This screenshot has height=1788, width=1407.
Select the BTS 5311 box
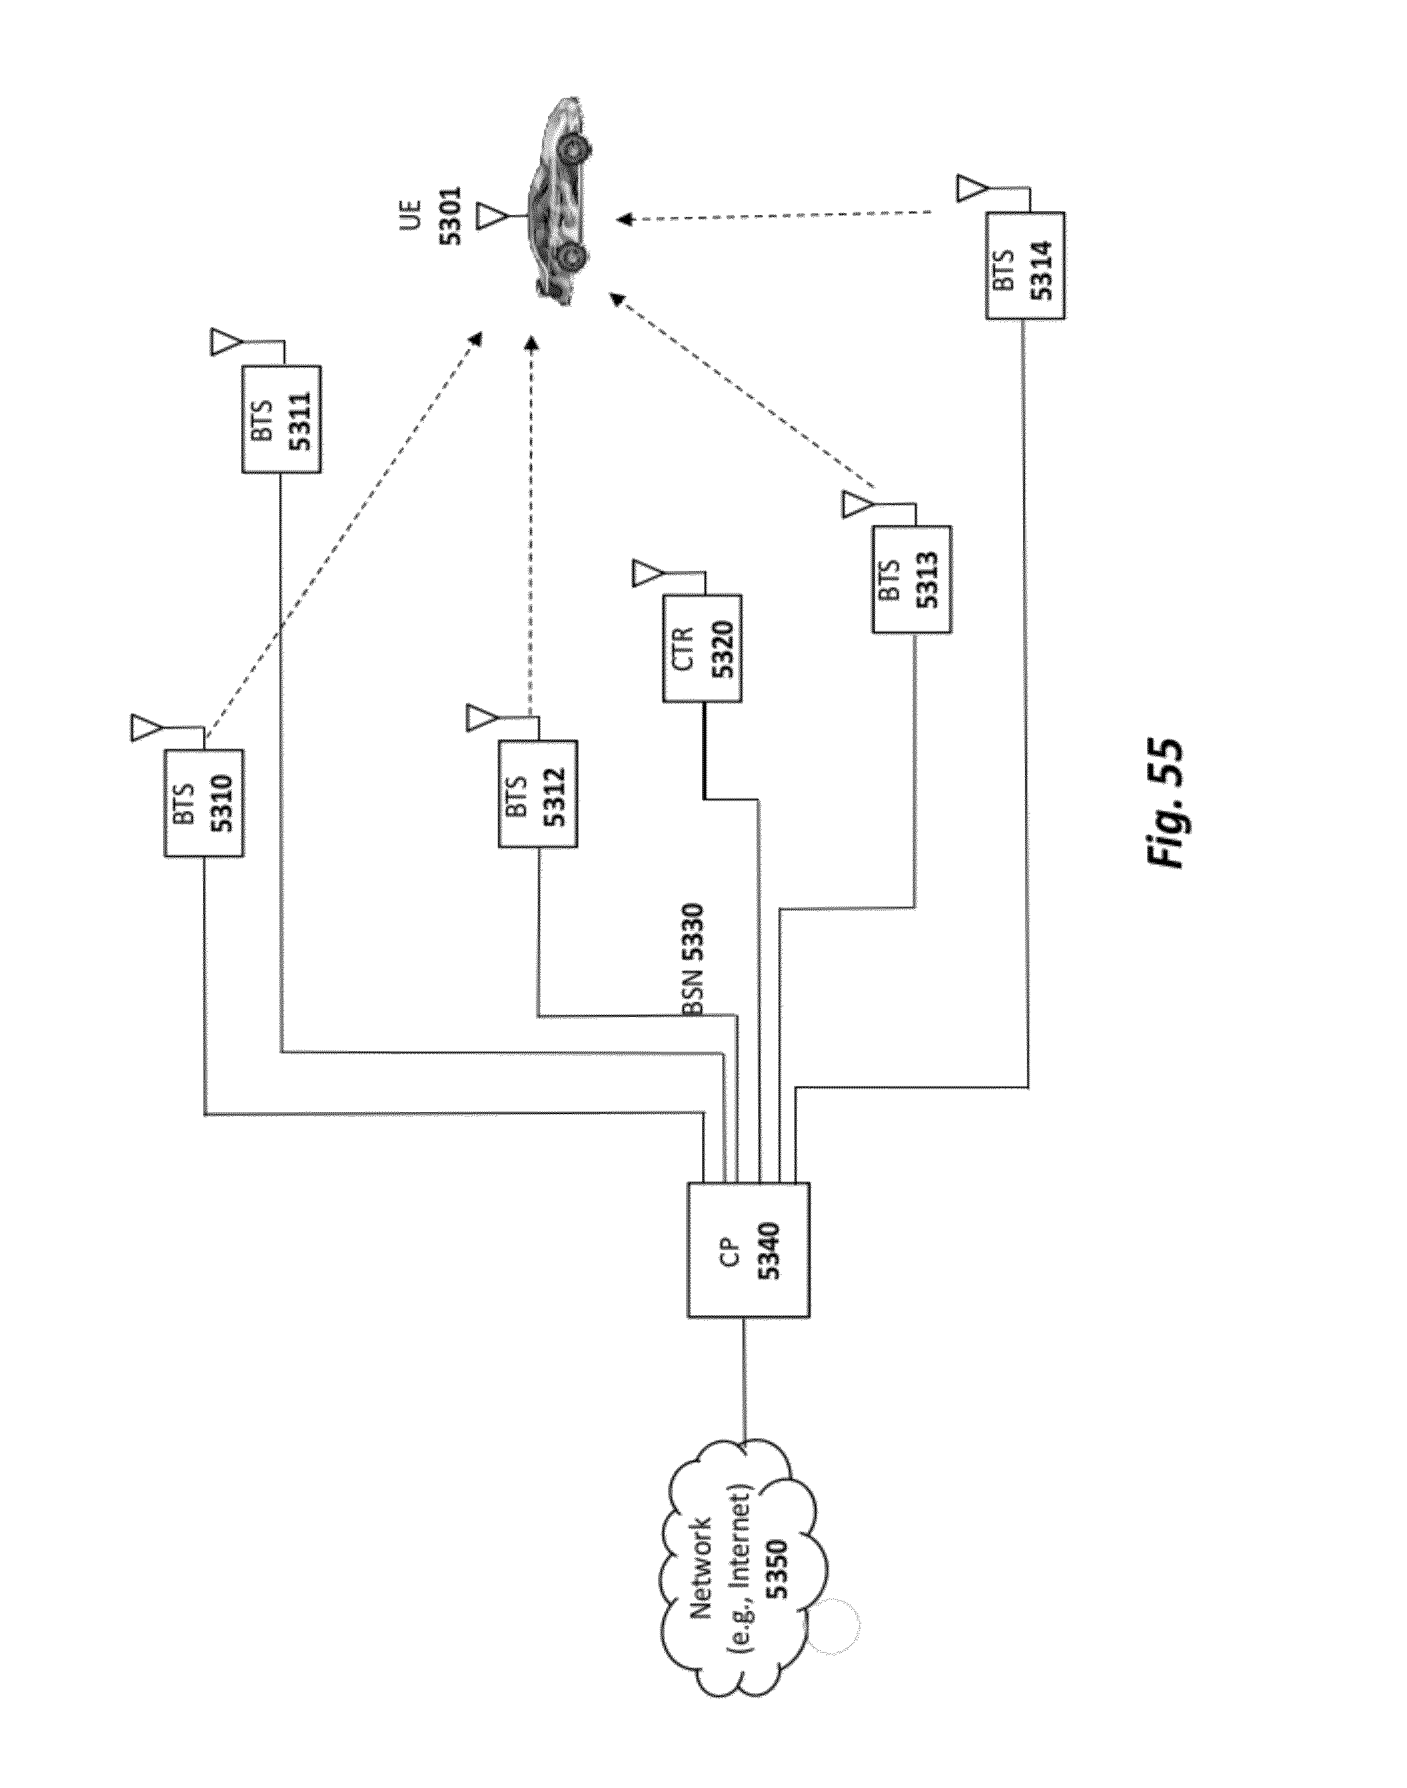click(x=282, y=420)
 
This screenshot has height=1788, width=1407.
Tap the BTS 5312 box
click(x=538, y=794)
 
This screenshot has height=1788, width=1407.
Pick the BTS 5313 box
click(x=912, y=579)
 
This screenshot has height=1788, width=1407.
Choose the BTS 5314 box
click(x=1025, y=266)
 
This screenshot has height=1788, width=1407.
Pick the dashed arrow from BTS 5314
click(x=775, y=216)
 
